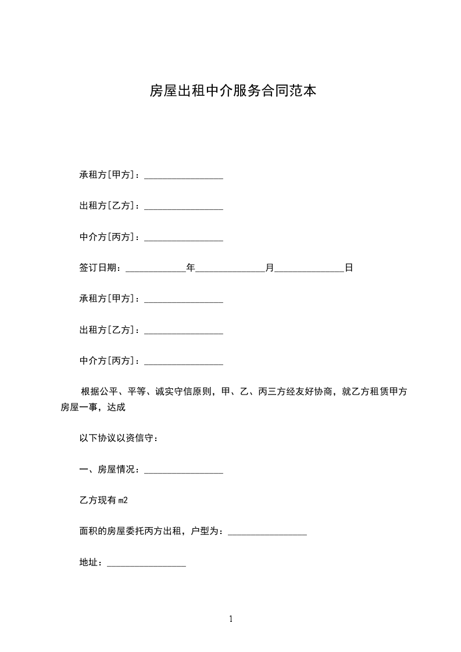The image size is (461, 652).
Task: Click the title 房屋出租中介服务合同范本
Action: (233, 91)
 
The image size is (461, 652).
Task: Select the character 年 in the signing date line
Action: (190, 268)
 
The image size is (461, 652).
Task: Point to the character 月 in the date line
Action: (269, 268)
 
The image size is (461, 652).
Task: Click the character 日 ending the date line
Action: (349, 268)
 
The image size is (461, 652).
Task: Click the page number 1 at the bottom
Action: (231, 619)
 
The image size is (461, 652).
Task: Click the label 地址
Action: (88, 563)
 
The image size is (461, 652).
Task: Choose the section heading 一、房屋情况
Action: (107, 469)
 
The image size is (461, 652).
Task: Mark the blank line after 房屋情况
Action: (183, 471)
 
